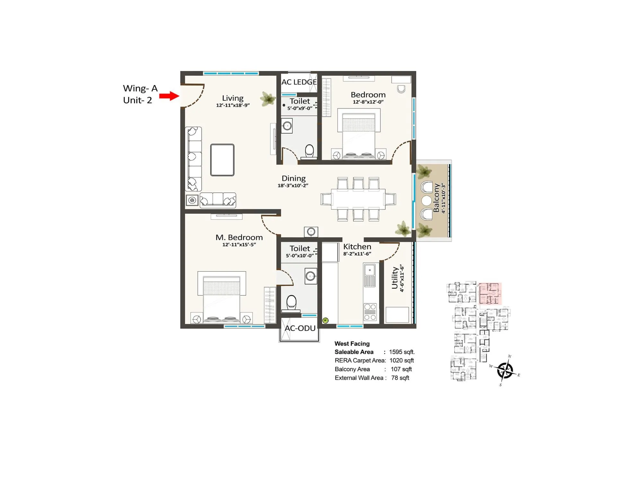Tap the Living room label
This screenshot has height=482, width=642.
pyautogui.click(x=233, y=98)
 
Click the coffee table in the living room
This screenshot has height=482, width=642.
pyautogui.click(x=222, y=160)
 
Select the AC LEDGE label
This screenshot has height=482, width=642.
pyautogui.click(x=299, y=82)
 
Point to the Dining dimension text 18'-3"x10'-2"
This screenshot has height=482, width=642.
pyautogui.click(x=293, y=185)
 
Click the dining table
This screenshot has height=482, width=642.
pyautogui.click(x=358, y=199)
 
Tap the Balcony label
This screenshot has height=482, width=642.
pyautogui.click(x=436, y=198)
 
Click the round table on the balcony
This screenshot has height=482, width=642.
pyautogui.click(x=427, y=201)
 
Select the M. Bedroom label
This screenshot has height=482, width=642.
pyautogui.click(x=239, y=237)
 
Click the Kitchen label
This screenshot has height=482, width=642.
pyautogui.click(x=357, y=247)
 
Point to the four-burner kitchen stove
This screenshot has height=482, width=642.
pyautogui.click(x=370, y=312)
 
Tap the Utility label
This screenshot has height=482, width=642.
pyautogui.click(x=395, y=278)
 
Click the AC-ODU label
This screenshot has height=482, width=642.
pyautogui.click(x=300, y=328)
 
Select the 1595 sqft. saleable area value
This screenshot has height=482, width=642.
pyautogui.click(x=402, y=352)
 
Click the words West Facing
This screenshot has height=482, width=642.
pyautogui.click(x=352, y=344)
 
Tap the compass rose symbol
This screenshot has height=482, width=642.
pyautogui.click(x=505, y=370)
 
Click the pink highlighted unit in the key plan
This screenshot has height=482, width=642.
pyautogui.click(x=490, y=293)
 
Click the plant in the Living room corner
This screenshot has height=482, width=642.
pyautogui.click(x=267, y=98)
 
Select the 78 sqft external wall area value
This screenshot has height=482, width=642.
pyautogui.click(x=400, y=378)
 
